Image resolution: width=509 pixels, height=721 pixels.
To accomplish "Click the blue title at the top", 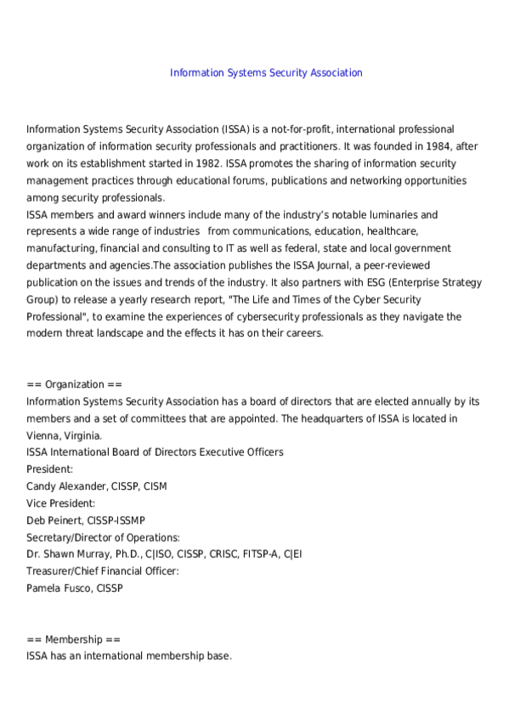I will tap(266, 73).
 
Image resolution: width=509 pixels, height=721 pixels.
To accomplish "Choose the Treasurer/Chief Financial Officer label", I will tap(103, 571).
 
